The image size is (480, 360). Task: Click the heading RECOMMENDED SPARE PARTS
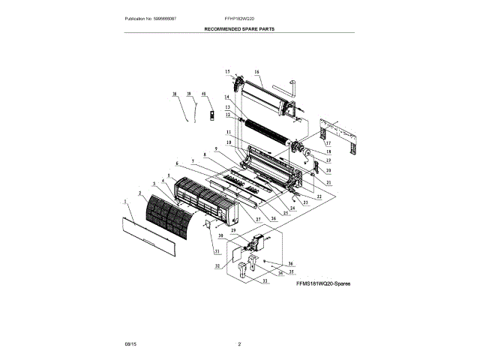pyautogui.click(x=239, y=28)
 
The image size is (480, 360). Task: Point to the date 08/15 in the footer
pyautogui.click(x=130, y=343)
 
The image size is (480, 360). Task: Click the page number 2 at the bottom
pyautogui.click(x=239, y=343)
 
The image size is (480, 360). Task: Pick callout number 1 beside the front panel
pyautogui.click(x=123, y=201)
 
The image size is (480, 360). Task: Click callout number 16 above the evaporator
pyautogui.click(x=256, y=73)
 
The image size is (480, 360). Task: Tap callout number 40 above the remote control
pyautogui.click(x=202, y=94)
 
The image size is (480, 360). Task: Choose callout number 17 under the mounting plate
pyautogui.click(x=328, y=143)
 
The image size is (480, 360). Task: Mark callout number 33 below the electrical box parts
pyautogui.click(x=263, y=281)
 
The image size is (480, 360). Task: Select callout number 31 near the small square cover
pyautogui.click(x=196, y=250)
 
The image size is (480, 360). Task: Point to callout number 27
pyautogui.click(x=257, y=219)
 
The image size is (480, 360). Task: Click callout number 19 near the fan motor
pyautogui.click(x=328, y=161)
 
